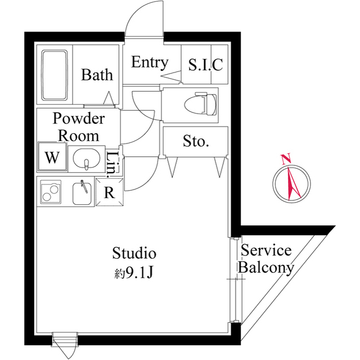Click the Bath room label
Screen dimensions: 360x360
pos(97,75)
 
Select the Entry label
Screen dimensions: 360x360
pos(149,62)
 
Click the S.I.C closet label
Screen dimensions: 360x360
pos(205,65)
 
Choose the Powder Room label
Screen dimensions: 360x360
pos(79,127)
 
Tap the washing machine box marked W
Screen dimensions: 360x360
pos(52,157)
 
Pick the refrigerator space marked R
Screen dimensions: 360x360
pos(109,192)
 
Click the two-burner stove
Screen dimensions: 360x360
pos(52,192)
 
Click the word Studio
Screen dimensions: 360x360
pos(134,253)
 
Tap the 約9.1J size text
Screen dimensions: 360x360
pos(134,273)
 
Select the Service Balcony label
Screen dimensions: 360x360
pos(265,259)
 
